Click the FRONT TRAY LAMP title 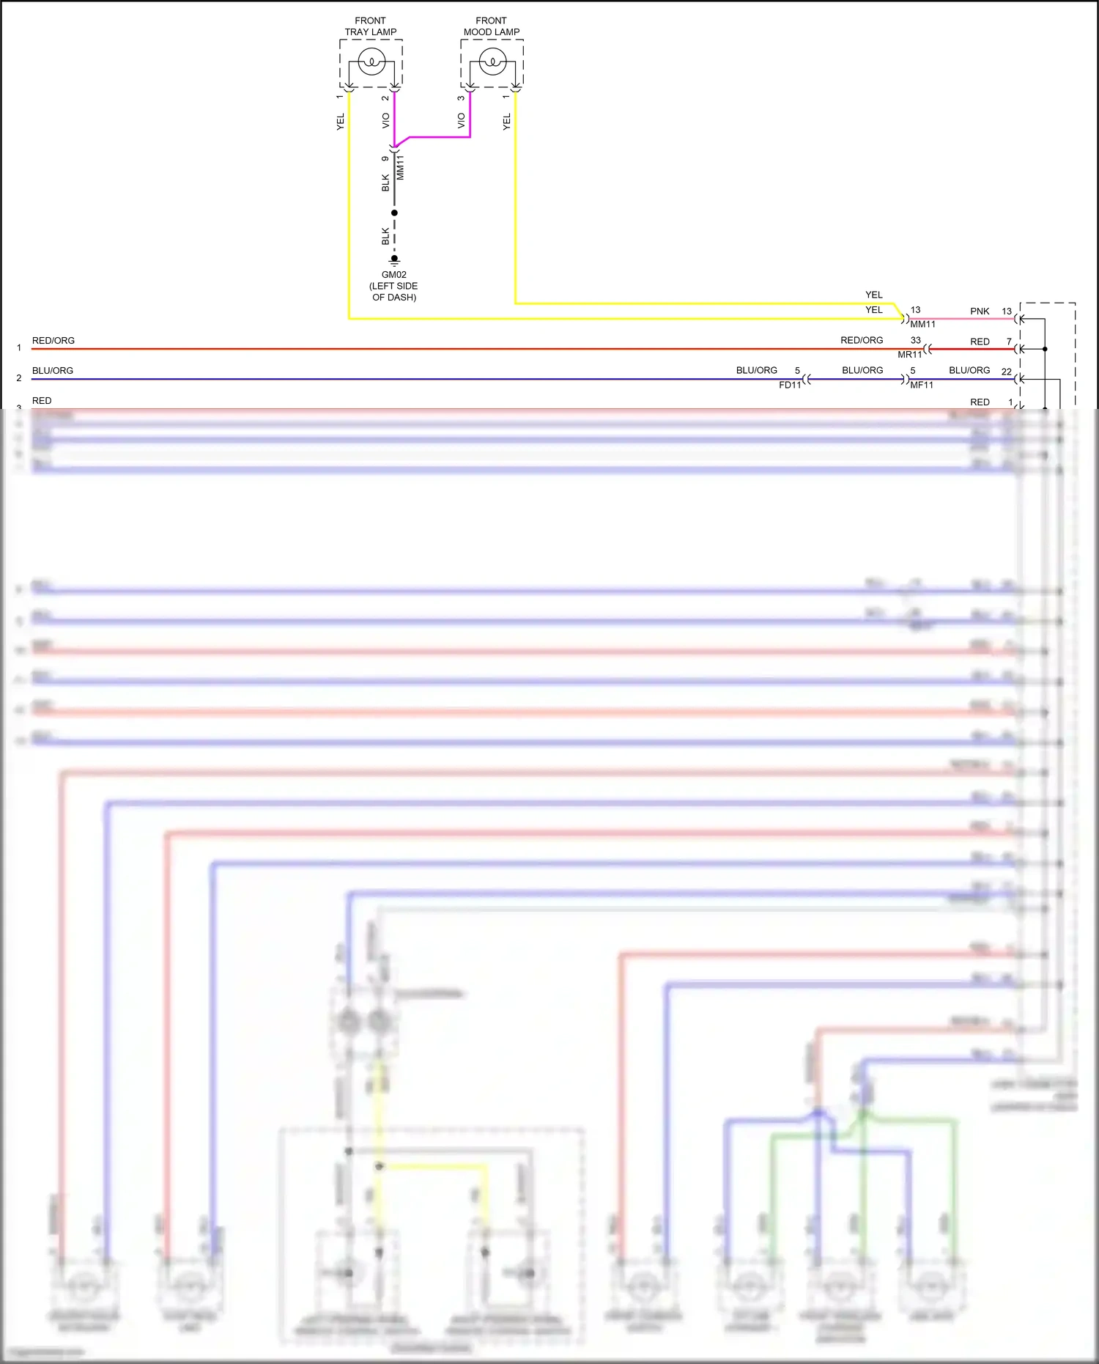pos(371,26)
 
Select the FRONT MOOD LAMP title pos(492,26)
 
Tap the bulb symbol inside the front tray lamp pos(371,62)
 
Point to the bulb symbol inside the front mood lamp pos(492,62)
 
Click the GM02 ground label pos(394,275)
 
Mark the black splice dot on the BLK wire pos(394,213)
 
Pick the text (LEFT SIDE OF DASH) pos(394,292)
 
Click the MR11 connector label pos(910,355)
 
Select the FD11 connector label pos(790,385)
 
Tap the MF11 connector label pos(922,385)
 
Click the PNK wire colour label pos(980,311)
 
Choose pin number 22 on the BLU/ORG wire pos(1007,372)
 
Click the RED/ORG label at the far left pos(53,341)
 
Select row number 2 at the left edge pos(19,378)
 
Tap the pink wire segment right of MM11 pos(960,319)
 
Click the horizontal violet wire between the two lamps pos(440,137)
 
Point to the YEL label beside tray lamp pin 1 pos(341,122)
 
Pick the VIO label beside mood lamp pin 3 pos(462,120)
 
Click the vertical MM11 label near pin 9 pos(401,169)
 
